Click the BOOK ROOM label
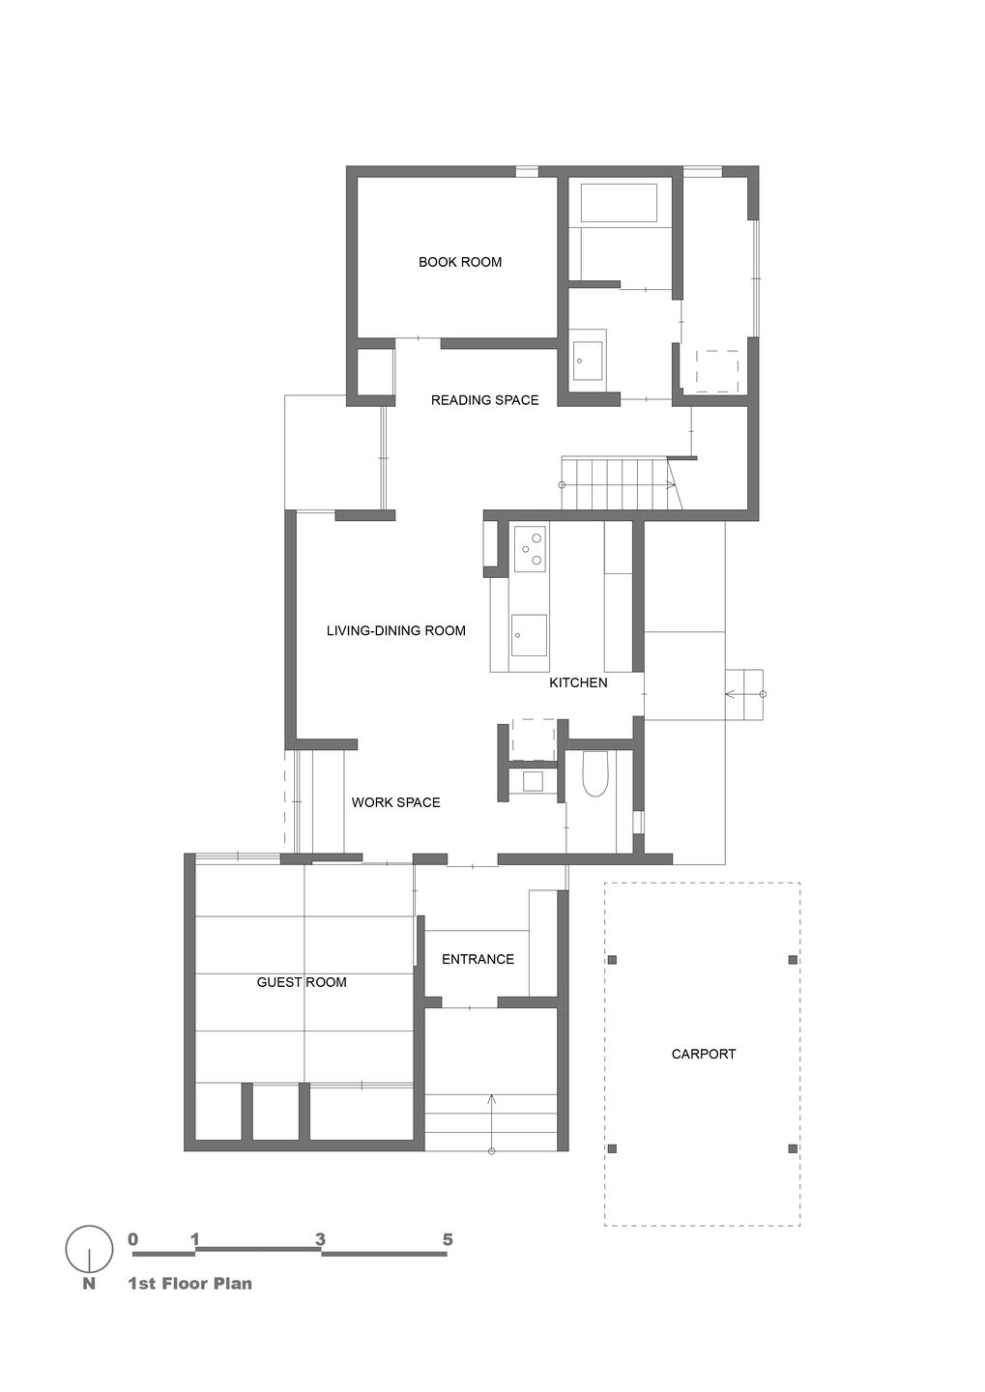pos(460,262)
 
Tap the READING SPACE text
pos(484,400)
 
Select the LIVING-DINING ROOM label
pos(396,630)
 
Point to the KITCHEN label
pos(578,682)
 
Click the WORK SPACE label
pos(396,803)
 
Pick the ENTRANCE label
pos(478,960)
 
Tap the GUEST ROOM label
pos(302,982)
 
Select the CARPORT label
pos(704,1054)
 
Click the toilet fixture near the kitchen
pos(594,774)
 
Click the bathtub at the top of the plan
pos(619,202)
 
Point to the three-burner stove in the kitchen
pos(530,548)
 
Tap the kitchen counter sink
pos(529,635)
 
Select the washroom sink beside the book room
pos(588,361)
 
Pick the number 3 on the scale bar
pos(320,1239)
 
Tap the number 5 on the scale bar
pos(448,1239)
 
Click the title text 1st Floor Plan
pos(190,1284)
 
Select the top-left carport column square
pos(612,960)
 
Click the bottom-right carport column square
pos(793,1148)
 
